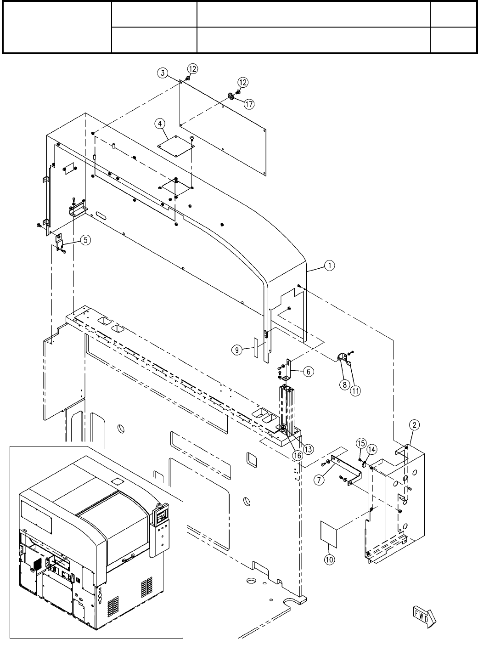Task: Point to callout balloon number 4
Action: (x=159, y=124)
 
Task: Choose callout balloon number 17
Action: (x=248, y=104)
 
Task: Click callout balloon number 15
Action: (x=361, y=443)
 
